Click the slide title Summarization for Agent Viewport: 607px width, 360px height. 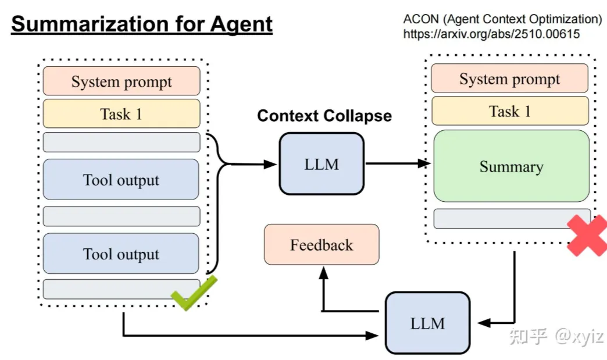tap(142, 24)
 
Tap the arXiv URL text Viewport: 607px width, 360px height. tap(491, 34)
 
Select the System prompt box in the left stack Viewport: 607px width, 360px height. tap(122, 81)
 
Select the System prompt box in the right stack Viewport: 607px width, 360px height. tap(509, 79)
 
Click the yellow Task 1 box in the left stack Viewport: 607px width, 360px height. tap(122, 113)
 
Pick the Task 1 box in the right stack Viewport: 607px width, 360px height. tap(509, 111)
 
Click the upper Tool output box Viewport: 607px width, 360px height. tap(122, 180)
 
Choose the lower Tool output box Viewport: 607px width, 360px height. tap(122, 254)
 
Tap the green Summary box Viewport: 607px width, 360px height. tap(511, 166)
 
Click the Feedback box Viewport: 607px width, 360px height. tap(322, 245)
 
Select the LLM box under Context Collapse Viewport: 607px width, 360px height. tap(322, 163)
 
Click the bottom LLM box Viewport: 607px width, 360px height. tap(427, 323)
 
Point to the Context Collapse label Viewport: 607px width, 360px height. tap(324, 116)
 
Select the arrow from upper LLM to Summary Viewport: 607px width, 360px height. tap(398, 164)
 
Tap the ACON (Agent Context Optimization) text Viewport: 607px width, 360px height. tap(502, 19)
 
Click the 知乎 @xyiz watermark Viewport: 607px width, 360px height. tap(556, 336)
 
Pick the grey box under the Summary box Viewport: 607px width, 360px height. tap(512, 218)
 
